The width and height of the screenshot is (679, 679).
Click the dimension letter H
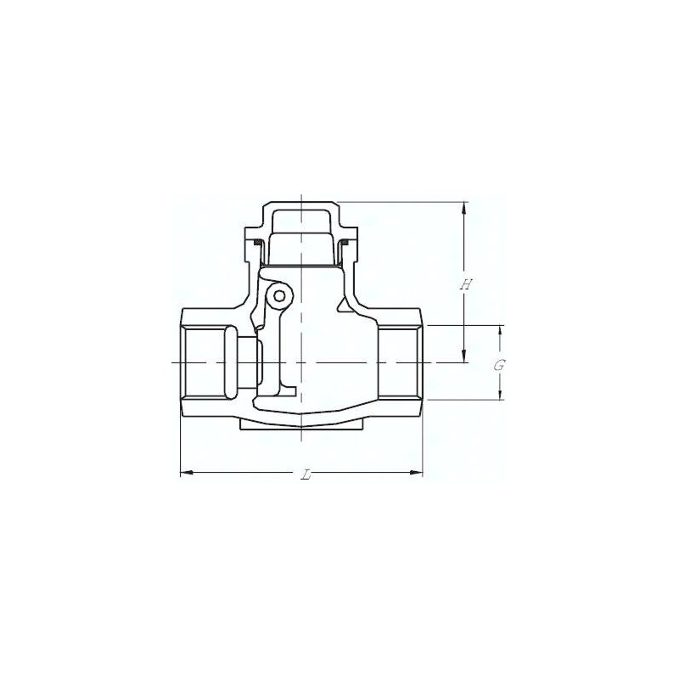point(466,284)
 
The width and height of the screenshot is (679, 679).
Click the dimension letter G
point(499,366)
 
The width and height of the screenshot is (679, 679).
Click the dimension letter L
point(306,475)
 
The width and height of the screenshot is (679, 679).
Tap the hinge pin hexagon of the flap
point(280,296)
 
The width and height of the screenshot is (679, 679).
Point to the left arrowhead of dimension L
point(186,473)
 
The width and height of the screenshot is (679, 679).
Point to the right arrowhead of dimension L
point(416,473)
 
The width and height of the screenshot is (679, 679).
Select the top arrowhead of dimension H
point(464,208)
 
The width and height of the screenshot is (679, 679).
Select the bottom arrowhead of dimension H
point(464,356)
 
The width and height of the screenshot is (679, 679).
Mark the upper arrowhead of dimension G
point(500,331)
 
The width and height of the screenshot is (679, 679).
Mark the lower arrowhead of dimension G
point(500,393)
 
